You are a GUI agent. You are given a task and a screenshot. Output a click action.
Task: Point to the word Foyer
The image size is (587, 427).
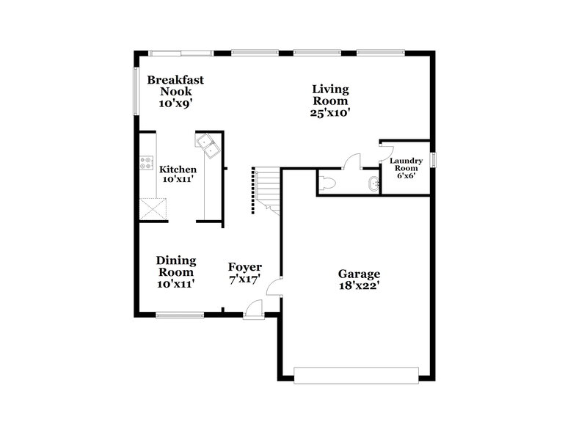click(x=244, y=267)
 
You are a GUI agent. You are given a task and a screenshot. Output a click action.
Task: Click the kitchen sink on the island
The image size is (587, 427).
click(x=208, y=145)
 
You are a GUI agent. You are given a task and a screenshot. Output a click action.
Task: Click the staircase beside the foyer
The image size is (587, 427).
click(x=266, y=189)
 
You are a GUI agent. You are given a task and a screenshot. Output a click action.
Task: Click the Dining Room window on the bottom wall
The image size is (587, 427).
click(x=180, y=315)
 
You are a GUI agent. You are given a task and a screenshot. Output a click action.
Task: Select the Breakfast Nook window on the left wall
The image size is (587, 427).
click(x=134, y=90)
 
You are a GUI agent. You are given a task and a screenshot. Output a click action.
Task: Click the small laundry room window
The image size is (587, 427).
click(x=433, y=159)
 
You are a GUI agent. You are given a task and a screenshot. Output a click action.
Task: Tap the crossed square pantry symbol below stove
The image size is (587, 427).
click(x=155, y=209)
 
